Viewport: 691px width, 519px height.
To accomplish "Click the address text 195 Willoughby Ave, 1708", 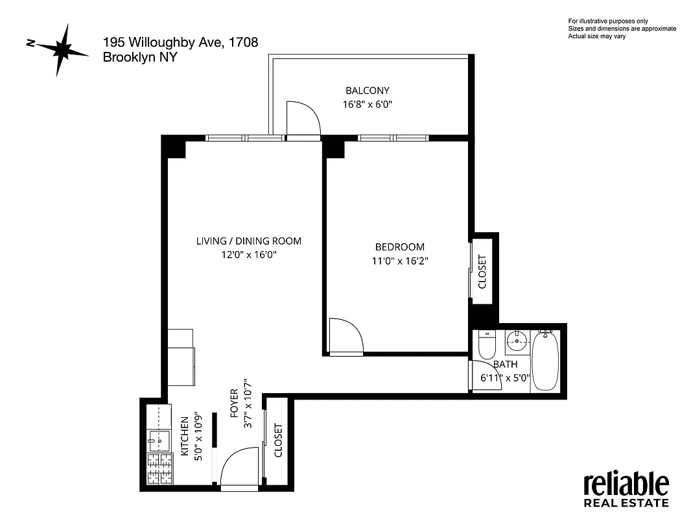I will (181, 43).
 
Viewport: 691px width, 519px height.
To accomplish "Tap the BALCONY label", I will (368, 91).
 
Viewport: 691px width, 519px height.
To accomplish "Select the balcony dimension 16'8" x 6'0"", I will (368, 104).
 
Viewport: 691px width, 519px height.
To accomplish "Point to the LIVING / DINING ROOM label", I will (249, 241).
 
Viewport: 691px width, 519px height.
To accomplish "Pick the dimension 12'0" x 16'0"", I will (249, 255).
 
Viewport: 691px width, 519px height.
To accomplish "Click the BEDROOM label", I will (400, 247).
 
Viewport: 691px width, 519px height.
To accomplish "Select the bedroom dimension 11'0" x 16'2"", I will (400, 261).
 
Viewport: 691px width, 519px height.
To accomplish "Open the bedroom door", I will (345, 335).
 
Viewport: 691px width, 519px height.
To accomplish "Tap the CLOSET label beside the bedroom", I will (482, 271).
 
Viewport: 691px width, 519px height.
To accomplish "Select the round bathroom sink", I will (517, 339).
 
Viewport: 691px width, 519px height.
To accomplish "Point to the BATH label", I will (505, 365).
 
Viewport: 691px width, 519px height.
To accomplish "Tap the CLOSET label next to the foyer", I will (279, 441).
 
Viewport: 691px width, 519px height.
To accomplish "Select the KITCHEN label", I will (184, 437).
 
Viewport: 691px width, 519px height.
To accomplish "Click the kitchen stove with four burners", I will (159, 468).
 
